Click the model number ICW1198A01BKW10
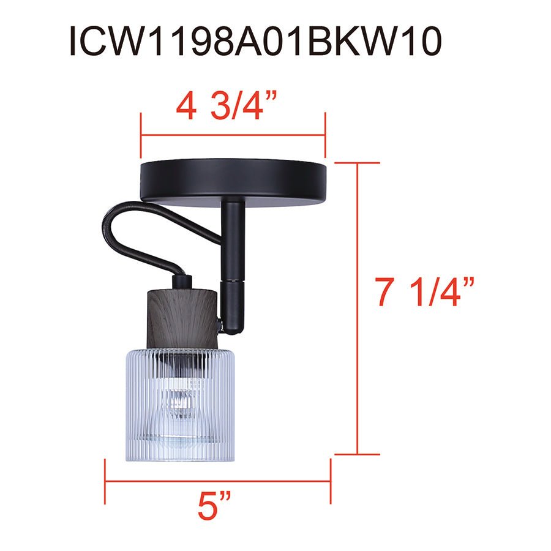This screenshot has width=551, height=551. (x=255, y=42)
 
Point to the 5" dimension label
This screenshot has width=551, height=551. (x=214, y=508)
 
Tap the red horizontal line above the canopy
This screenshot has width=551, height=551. (x=233, y=135)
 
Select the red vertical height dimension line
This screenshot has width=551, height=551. (x=357, y=309)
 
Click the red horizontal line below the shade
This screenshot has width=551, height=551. (x=218, y=481)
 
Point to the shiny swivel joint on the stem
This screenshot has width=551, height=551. (x=233, y=288)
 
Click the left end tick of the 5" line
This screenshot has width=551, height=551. (x=105, y=481)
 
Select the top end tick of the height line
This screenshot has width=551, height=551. (x=357, y=163)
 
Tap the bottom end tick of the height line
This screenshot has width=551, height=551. (x=357, y=455)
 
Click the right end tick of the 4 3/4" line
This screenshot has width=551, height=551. (x=324, y=135)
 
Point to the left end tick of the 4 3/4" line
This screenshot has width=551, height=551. (x=141, y=135)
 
